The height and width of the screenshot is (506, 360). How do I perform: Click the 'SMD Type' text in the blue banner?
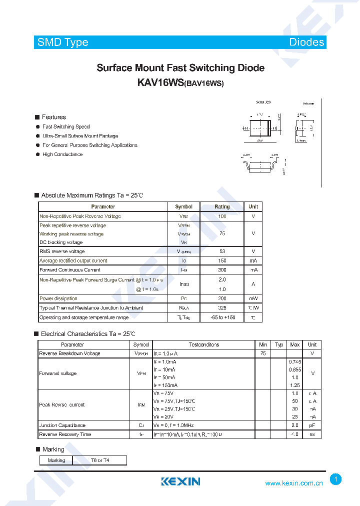tap(63, 42)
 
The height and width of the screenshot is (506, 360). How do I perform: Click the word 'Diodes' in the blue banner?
tap(306, 42)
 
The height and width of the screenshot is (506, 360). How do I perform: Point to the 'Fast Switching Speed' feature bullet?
tap(66, 127)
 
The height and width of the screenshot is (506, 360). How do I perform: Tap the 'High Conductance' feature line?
tap(62, 154)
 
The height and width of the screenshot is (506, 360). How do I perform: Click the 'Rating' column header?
tap(222, 206)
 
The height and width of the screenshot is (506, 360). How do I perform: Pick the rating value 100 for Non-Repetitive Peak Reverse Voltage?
tap(222, 216)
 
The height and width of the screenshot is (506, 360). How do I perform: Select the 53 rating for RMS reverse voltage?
tap(222, 251)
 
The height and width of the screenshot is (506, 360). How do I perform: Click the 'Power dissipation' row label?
tap(58, 298)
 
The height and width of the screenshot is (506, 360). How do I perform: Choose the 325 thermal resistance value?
tap(222, 308)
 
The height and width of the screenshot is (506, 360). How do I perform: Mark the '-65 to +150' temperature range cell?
tap(222, 317)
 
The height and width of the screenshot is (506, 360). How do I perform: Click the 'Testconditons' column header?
tap(204, 344)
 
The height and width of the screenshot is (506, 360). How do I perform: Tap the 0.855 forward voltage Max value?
tap(295, 369)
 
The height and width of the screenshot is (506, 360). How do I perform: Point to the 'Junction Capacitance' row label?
tap(62, 425)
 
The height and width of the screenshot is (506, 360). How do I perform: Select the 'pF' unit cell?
tap(312, 425)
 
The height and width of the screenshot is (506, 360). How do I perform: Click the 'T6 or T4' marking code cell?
tap(100, 460)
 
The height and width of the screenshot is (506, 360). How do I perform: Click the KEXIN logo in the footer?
tap(180, 482)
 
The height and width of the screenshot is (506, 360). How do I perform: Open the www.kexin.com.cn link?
tap(294, 483)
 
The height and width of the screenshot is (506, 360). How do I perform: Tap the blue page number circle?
tap(336, 479)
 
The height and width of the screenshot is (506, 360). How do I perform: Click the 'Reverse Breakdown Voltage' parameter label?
tap(69, 353)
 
